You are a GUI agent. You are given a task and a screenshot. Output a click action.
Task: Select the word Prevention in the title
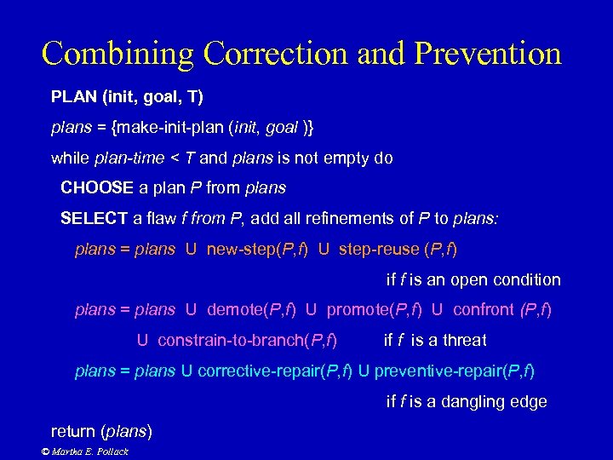[489, 53]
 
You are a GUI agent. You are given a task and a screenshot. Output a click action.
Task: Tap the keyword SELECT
[95, 218]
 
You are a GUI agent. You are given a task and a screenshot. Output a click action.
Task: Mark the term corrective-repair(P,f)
[273, 371]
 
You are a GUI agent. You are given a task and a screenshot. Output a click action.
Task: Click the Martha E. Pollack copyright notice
[85, 451]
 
